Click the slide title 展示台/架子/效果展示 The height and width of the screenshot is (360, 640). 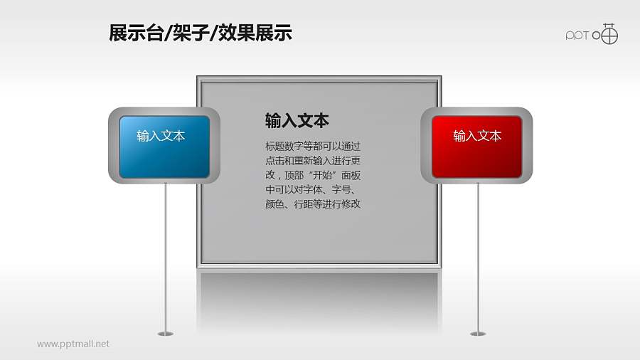point(201,33)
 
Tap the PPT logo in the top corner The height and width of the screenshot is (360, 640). point(592,34)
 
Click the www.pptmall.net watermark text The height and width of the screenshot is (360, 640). point(73,344)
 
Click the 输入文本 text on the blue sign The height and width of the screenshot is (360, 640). point(161,136)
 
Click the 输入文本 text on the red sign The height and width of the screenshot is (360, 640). point(477,136)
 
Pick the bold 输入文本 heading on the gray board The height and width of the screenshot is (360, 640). point(297,120)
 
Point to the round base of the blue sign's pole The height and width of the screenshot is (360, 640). point(165,333)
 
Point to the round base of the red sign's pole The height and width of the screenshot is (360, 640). point(478,333)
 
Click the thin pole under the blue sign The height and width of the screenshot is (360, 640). point(166,256)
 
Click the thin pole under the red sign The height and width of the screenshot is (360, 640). point(478,256)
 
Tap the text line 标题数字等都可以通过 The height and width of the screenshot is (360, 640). point(313,147)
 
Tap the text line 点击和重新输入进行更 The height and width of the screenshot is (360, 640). point(313,161)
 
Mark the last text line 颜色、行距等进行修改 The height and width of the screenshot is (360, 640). point(313,204)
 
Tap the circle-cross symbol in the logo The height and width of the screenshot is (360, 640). point(609,34)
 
